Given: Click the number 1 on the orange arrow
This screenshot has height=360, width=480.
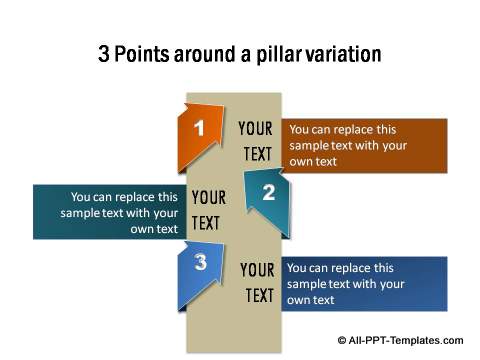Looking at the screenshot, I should click(x=199, y=129).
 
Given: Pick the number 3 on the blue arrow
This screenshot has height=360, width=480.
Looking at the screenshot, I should click(x=201, y=264).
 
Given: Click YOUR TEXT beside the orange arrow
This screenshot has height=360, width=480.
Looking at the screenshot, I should click(x=257, y=141).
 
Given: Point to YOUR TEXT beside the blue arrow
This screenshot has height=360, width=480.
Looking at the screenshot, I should click(x=258, y=283).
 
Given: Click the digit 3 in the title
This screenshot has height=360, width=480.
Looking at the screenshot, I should click(x=104, y=54).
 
